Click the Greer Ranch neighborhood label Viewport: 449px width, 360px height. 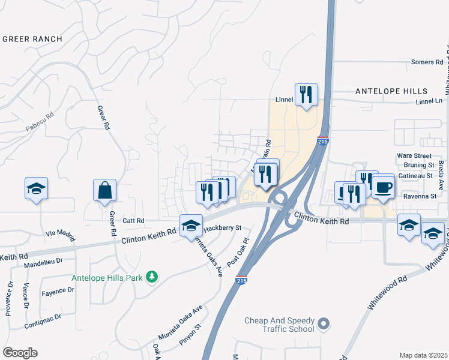[32, 39]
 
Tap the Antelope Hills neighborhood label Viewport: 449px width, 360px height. [391, 91]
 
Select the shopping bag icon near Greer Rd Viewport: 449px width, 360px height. [105, 191]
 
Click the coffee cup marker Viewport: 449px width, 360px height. [383, 187]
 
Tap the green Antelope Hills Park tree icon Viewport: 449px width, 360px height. [152, 276]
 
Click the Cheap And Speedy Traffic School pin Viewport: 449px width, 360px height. [324, 325]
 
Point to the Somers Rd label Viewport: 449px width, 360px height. [427, 62]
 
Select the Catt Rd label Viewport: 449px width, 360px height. [133, 221]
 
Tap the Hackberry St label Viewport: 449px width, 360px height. [221, 228]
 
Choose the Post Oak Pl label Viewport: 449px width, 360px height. [237, 253]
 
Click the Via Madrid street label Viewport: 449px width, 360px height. [61, 235]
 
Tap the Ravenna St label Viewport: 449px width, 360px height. [420, 196]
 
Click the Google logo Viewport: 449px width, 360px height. [20, 353]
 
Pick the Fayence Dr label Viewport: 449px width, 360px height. [58, 290]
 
